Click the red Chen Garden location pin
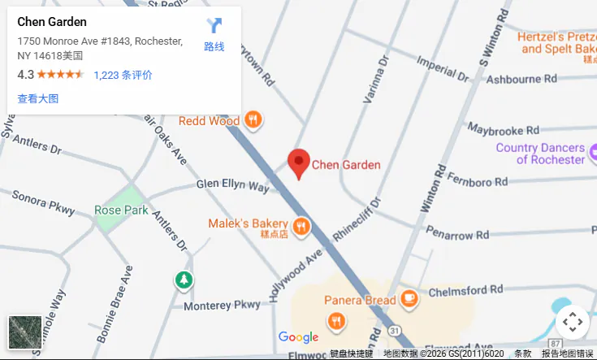click(x=299, y=163)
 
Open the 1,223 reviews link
click(x=123, y=75)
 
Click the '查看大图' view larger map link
click(x=37, y=99)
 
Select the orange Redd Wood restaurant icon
click(x=254, y=120)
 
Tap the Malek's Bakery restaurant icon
click(x=301, y=227)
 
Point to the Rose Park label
click(x=121, y=210)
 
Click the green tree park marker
click(x=184, y=280)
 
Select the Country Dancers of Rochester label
click(x=540, y=154)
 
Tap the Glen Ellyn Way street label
click(x=232, y=186)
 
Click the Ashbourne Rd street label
click(x=521, y=79)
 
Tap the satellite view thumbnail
click(x=24, y=332)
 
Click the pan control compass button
click(x=572, y=322)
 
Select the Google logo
click(x=298, y=337)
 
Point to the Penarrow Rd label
click(x=460, y=235)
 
